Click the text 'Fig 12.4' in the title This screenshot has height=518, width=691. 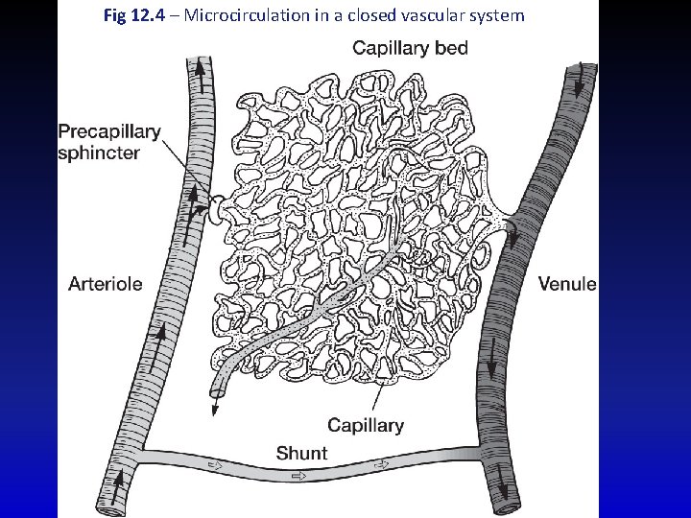click(128, 15)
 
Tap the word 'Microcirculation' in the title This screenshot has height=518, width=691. click(230, 15)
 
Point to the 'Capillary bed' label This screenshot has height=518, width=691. click(410, 48)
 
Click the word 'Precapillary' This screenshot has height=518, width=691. click(109, 132)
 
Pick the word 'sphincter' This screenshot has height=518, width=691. click(99, 153)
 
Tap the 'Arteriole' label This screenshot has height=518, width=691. click(106, 283)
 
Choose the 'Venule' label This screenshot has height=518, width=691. click(567, 283)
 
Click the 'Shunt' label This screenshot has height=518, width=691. click(301, 453)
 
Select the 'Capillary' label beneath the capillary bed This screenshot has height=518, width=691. click(365, 425)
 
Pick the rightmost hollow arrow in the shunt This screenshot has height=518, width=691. click(384, 466)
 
